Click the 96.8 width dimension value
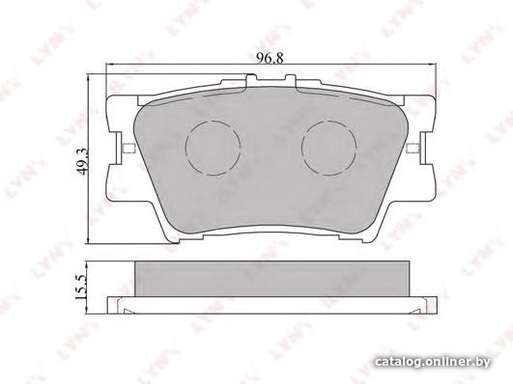tap(270, 58)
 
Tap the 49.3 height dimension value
tap(81, 161)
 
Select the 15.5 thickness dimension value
tap(80, 287)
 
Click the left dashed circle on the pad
tap(213, 148)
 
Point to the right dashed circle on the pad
tap(329, 148)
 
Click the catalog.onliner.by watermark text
tap(433, 362)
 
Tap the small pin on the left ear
tap(128, 149)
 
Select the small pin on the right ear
tap(413, 148)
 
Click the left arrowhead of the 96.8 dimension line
tap(109, 65)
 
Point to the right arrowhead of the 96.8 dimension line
tap(433, 65)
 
